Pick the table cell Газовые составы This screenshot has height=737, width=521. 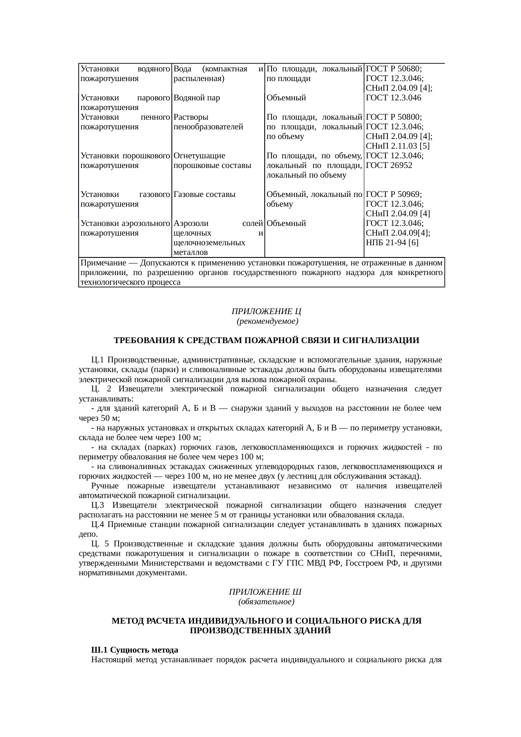(x=204, y=194)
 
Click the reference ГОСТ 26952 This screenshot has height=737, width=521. (x=389, y=165)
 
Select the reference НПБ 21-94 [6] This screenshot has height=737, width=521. (x=392, y=243)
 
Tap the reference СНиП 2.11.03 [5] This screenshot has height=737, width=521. (x=397, y=146)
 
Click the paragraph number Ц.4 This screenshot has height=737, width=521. (x=97, y=525)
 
